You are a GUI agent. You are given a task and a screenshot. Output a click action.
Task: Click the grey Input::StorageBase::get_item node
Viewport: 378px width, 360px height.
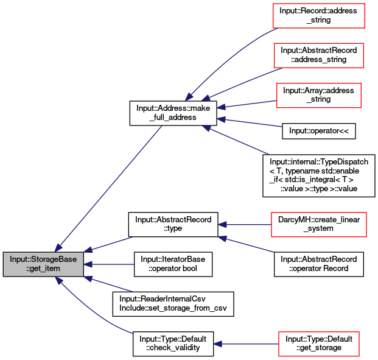[x=43, y=264]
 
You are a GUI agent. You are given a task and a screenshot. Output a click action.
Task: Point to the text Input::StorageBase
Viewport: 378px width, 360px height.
[x=43, y=259]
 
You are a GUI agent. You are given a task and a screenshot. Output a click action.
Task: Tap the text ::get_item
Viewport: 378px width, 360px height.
[x=43, y=269]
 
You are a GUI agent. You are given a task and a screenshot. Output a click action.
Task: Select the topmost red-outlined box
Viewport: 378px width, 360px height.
[x=318, y=16]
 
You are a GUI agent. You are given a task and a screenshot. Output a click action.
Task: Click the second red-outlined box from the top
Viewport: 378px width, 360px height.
[x=318, y=55]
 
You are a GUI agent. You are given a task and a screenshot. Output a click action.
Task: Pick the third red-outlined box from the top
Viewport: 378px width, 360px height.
[x=318, y=96]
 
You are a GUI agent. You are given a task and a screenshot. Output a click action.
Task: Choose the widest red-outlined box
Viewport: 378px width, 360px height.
[x=318, y=225]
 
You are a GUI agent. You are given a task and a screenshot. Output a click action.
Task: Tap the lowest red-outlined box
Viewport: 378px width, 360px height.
[x=318, y=344]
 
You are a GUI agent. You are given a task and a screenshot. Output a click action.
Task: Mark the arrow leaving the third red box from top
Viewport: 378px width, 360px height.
[x=247, y=104]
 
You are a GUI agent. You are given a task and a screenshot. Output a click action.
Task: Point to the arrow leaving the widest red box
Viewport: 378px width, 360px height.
[x=243, y=225]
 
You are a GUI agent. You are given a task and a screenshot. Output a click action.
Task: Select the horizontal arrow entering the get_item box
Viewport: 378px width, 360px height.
[x=110, y=264]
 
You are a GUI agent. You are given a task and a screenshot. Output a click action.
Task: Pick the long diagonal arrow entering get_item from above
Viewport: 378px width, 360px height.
[x=110, y=186]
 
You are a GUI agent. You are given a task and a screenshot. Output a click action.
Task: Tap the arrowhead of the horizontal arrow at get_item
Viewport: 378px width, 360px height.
[x=88, y=264]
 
